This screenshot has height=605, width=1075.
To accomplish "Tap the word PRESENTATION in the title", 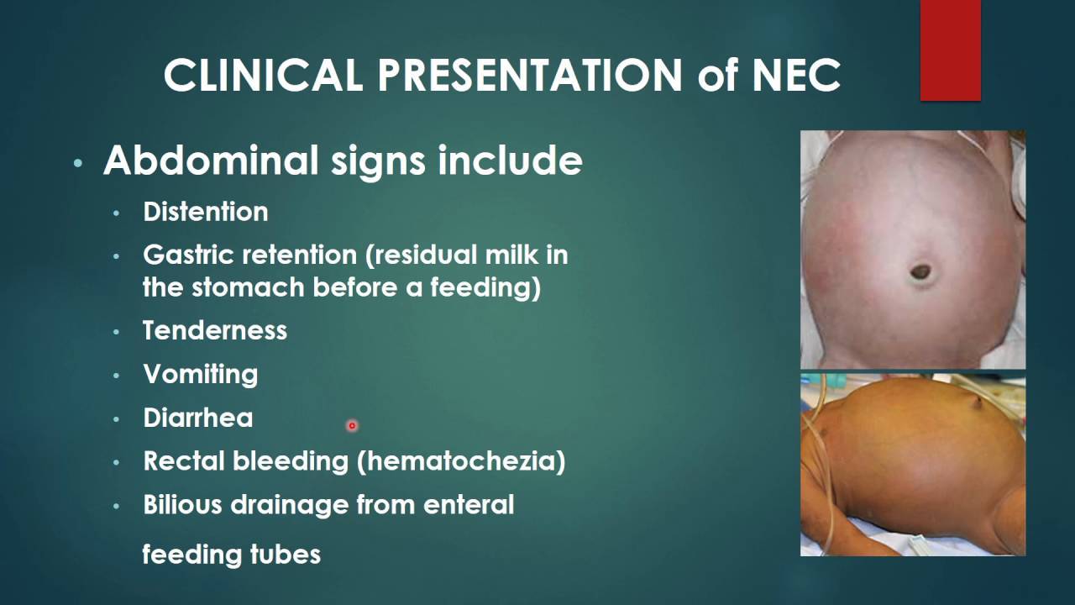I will coord(530,76).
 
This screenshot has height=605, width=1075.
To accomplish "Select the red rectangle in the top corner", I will coord(950,50).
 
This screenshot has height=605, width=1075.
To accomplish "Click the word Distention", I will coord(206,212).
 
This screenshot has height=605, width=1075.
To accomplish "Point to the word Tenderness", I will coord(215,330).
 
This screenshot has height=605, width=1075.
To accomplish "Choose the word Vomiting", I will coord(201,374).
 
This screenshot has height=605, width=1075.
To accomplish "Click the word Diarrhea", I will coord(198,418).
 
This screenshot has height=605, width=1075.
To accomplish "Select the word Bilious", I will coord(182,505).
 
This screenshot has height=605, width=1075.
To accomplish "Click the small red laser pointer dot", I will coord(352,426).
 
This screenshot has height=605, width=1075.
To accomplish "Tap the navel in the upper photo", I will coord(920,271).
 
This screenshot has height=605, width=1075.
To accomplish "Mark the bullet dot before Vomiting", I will coord(117,376).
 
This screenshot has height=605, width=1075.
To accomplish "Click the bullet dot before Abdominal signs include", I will coord(78,163).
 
